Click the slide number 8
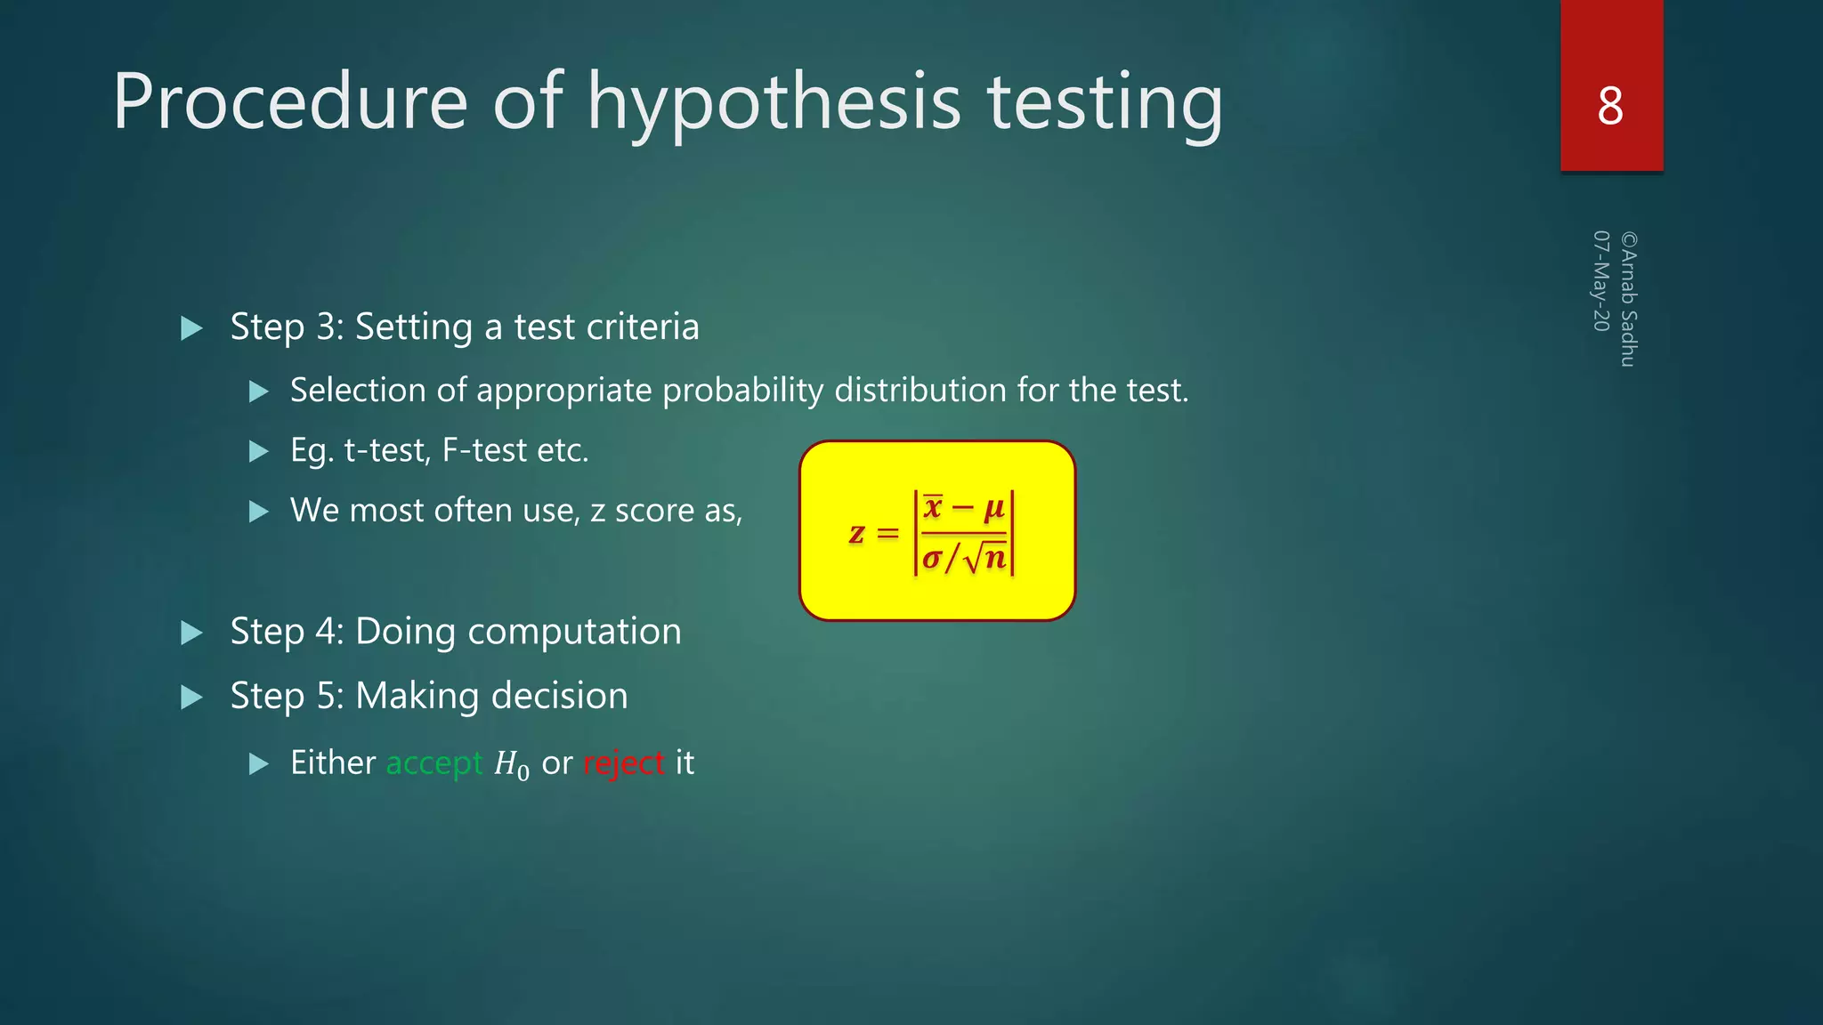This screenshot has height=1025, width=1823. [1610, 107]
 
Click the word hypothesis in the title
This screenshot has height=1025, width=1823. [774, 104]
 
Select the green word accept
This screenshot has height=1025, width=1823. [433, 763]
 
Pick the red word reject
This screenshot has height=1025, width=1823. [623, 763]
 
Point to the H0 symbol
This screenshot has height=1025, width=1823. [511, 765]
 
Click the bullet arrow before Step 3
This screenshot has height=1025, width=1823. [191, 328]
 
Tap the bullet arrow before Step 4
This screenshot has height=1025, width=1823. [191, 633]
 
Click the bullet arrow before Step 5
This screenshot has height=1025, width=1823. [191, 697]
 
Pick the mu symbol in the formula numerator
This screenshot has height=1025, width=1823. [993, 508]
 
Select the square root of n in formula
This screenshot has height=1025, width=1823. [985, 558]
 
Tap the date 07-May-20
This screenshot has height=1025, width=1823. [1601, 281]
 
